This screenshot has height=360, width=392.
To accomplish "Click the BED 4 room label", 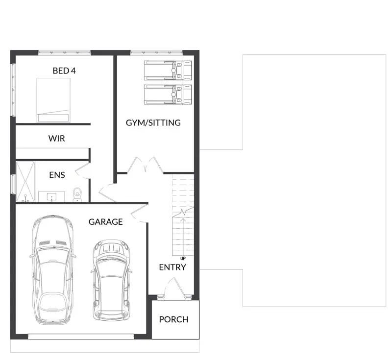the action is (64, 71).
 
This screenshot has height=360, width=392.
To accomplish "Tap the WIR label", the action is (57, 139).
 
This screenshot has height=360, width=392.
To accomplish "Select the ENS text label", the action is (57, 175).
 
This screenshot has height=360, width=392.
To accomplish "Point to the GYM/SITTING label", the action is (153, 122).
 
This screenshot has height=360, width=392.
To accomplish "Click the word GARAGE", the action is (106, 222).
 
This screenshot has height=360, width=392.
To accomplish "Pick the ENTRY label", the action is (172, 267).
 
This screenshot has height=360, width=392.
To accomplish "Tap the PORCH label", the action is (174, 319).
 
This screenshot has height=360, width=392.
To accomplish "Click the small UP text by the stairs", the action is (183, 259).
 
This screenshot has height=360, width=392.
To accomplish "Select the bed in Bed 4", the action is (53, 100).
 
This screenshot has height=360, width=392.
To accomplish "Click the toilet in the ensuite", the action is (77, 194).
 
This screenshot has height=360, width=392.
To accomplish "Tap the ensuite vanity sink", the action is (51, 196).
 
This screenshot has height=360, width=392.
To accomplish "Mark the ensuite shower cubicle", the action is (25, 181).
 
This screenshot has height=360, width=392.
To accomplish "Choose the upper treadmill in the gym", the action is (168, 70).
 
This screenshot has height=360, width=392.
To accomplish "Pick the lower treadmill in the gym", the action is (168, 95).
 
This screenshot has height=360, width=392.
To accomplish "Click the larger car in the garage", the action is (53, 270).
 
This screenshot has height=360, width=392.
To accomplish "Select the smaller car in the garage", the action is (112, 280).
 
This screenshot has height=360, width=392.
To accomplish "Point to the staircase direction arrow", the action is (183, 237).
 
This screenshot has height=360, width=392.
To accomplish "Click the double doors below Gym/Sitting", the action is (145, 165).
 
